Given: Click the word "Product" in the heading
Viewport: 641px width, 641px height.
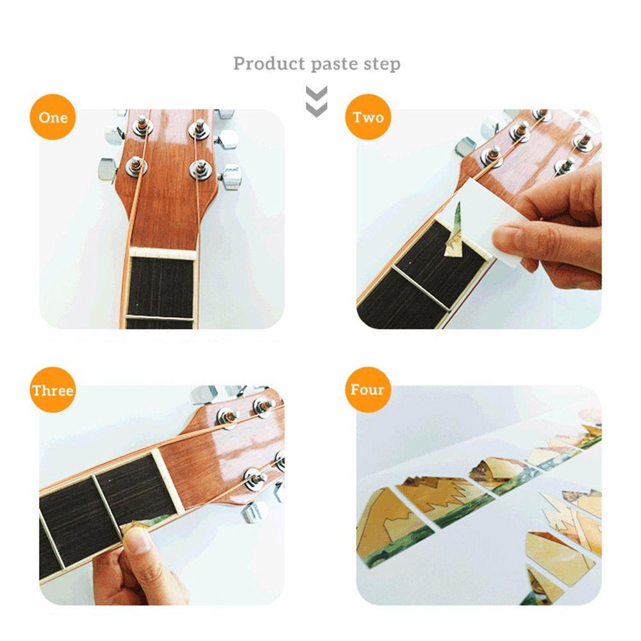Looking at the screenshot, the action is point(269,63).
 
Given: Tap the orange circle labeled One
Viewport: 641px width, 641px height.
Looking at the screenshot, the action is point(53,117).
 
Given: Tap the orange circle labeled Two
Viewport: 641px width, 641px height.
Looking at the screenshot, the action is point(369,117).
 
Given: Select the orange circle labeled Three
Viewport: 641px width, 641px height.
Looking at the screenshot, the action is point(53,390).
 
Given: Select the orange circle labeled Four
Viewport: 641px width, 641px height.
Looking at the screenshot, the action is point(367,390).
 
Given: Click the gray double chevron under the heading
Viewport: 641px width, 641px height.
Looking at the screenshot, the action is point(317,101).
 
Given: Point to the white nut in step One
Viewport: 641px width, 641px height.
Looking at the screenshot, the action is point(162,253).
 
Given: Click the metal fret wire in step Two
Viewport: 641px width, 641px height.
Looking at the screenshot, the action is point(420,289).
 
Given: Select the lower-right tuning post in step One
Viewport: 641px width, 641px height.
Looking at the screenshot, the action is point(201,169).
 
